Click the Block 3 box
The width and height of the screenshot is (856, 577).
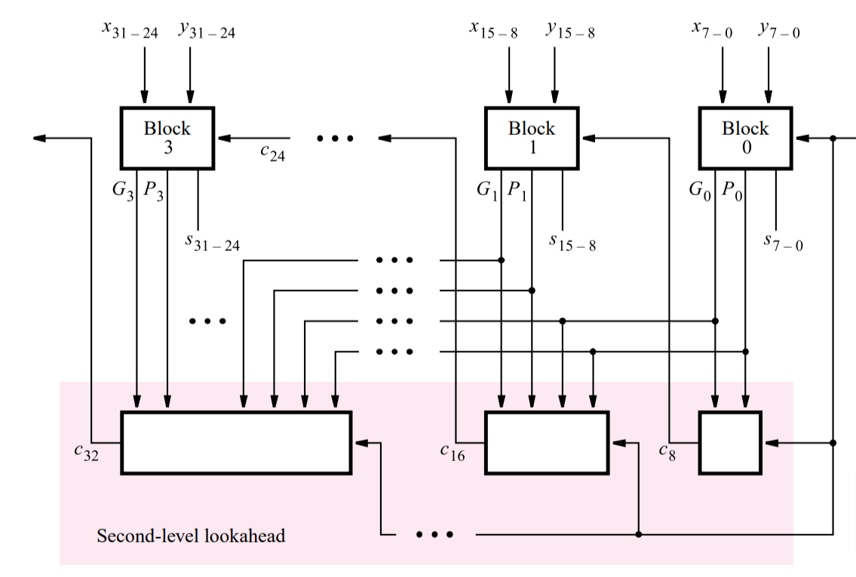point(167,138)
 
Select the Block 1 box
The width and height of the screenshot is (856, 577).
point(532,138)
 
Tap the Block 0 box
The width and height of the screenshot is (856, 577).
point(745,138)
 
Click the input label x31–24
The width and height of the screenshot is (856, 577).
point(130,30)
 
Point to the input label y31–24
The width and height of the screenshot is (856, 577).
point(207,30)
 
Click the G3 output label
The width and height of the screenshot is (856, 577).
point(123,190)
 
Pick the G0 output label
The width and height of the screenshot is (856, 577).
point(700,190)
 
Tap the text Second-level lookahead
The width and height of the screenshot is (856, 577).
point(191,536)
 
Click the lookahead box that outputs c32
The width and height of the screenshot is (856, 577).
point(236,442)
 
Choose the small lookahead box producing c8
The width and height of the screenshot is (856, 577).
point(729,442)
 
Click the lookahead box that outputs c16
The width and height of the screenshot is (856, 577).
point(546,442)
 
